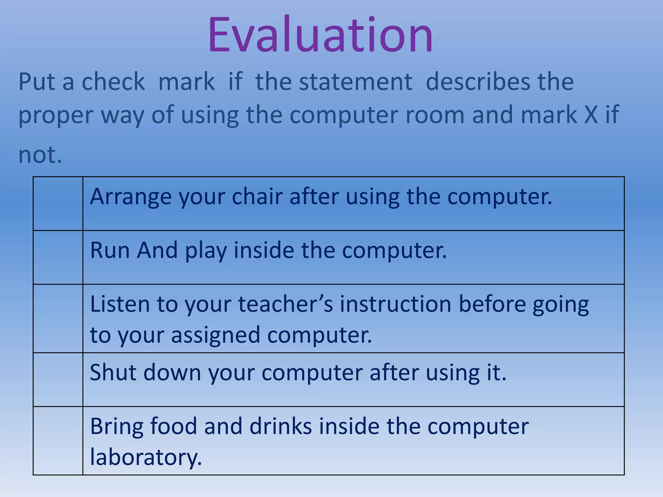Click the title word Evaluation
(320, 35)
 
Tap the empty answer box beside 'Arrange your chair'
(58, 204)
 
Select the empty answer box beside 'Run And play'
(58, 257)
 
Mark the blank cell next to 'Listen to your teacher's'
(58, 318)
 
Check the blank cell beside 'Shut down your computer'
(58, 380)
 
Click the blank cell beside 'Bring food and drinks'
(58, 441)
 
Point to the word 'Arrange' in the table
(130, 197)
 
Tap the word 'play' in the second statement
(206, 251)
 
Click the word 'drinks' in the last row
(280, 426)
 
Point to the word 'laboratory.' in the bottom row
(146, 457)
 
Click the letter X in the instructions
(591, 115)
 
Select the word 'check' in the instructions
(113, 82)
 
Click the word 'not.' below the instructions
(40, 154)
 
